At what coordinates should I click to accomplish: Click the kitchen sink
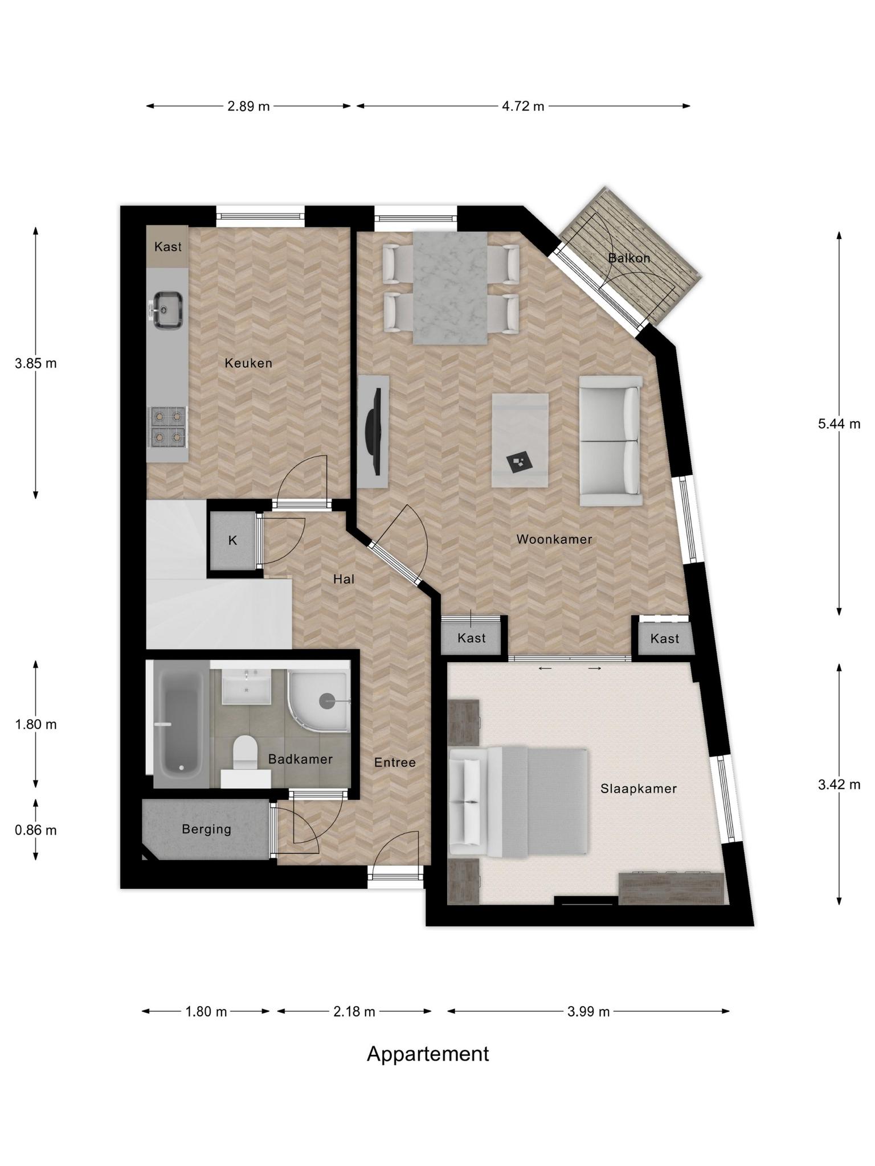tap(167, 310)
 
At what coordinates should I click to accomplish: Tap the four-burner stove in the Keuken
tap(167, 426)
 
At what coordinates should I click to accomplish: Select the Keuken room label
tap(248, 363)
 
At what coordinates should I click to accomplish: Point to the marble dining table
tap(450, 288)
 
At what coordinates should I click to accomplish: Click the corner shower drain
tap(328, 701)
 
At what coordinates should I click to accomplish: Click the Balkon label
tap(629, 258)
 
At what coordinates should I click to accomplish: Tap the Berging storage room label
tap(207, 829)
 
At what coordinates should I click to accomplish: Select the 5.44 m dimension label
tap(839, 424)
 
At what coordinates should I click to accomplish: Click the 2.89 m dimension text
tap(248, 106)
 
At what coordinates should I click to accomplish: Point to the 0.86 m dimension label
tap(36, 830)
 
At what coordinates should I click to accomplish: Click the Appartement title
tap(428, 1054)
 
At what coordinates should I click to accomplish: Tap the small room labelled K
tap(233, 540)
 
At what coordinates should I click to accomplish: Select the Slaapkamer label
tap(639, 789)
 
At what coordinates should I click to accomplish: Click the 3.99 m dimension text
tap(588, 1012)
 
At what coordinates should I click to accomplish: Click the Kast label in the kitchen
tap(168, 247)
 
